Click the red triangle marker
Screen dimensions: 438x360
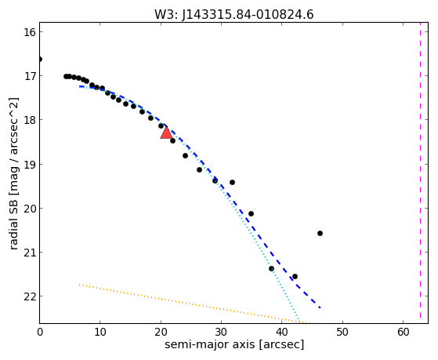[x=166, y=133]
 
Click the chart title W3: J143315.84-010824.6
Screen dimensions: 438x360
[x=234, y=14]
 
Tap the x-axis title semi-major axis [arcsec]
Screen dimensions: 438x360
[x=234, y=344]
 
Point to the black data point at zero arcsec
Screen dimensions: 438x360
[x=40, y=60]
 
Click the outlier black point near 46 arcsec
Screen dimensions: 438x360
[x=320, y=233]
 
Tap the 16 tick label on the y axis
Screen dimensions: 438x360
[x=30, y=32]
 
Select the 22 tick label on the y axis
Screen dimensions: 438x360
[x=30, y=296]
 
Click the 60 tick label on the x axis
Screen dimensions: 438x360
[x=403, y=333]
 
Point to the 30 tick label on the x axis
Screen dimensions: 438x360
[x=221, y=333]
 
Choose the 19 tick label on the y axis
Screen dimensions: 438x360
[x=30, y=164]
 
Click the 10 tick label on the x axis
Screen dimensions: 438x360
[x=100, y=333]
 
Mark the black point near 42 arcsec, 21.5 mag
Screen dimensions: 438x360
[x=295, y=276]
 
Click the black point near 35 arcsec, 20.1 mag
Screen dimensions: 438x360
[x=251, y=213]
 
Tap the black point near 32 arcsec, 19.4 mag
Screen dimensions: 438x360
[x=232, y=183]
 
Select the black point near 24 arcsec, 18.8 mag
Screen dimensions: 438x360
[x=185, y=155]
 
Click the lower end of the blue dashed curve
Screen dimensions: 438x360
[x=320, y=307]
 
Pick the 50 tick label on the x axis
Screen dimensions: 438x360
[x=342, y=333]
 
